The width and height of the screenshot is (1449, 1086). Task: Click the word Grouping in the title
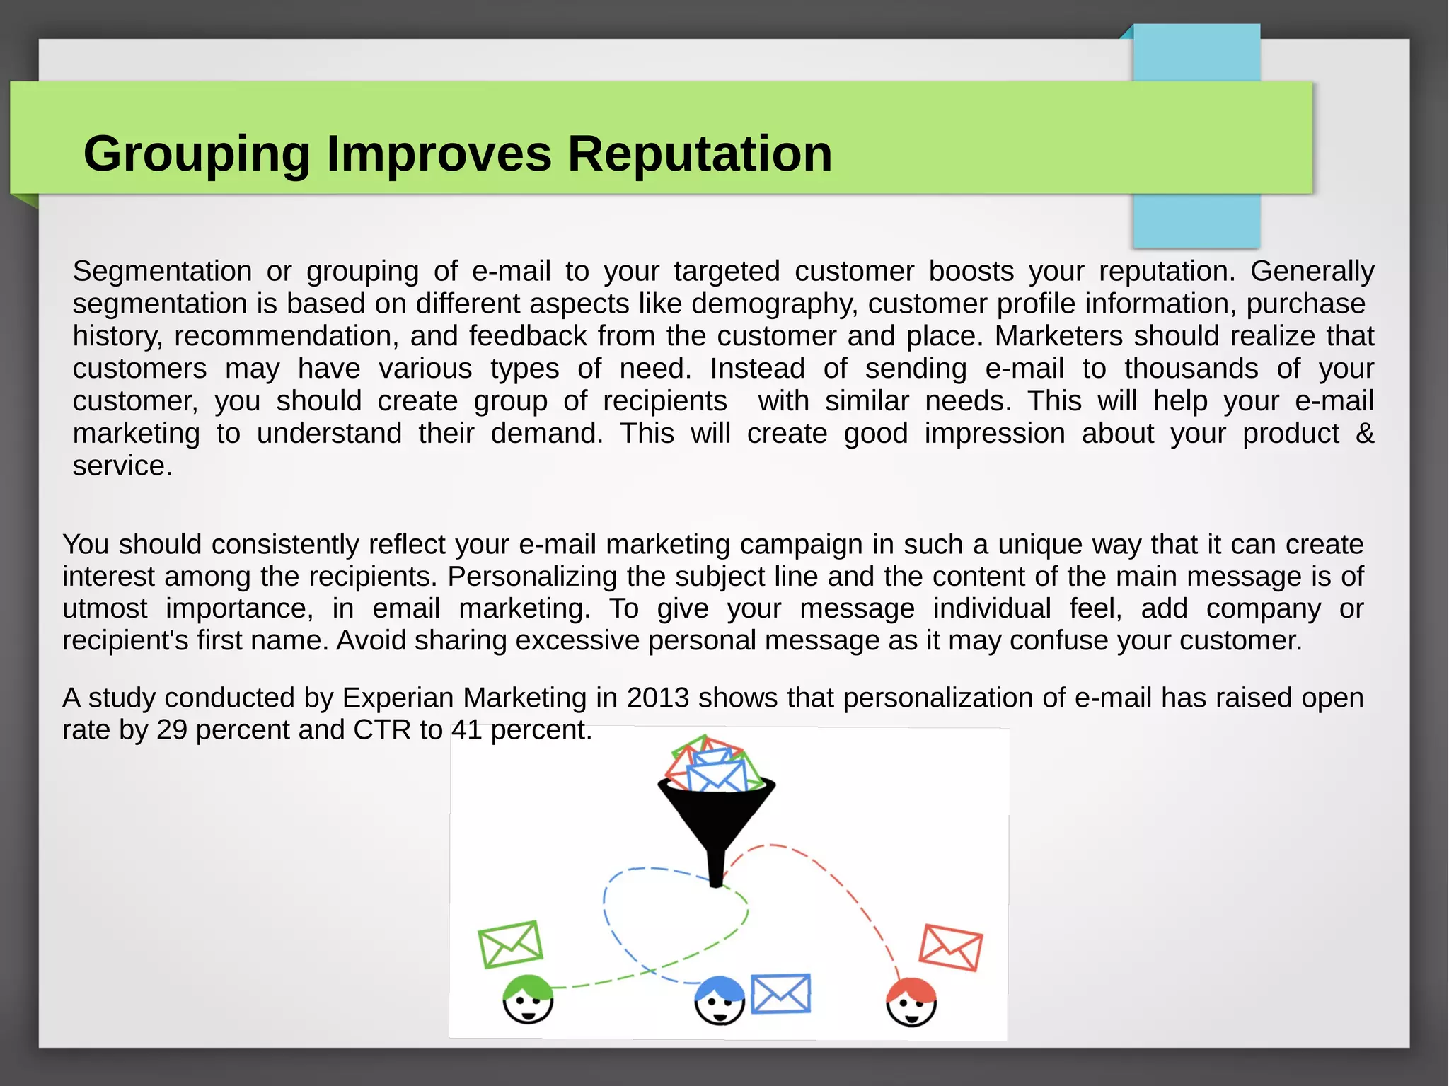click(197, 154)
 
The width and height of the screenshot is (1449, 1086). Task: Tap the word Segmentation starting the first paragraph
click(162, 272)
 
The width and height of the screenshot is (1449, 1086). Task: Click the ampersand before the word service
click(1365, 434)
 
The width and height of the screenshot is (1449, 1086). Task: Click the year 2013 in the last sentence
click(657, 698)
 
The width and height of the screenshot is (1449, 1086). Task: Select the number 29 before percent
click(172, 730)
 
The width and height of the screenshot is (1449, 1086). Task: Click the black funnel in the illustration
click(716, 821)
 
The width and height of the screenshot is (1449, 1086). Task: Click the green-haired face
click(528, 1000)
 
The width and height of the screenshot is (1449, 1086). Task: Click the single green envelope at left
click(510, 945)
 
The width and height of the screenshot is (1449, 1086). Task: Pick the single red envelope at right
click(950, 947)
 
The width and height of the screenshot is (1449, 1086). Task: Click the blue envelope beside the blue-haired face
click(780, 994)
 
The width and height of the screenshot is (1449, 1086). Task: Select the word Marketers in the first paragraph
click(1058, 336)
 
